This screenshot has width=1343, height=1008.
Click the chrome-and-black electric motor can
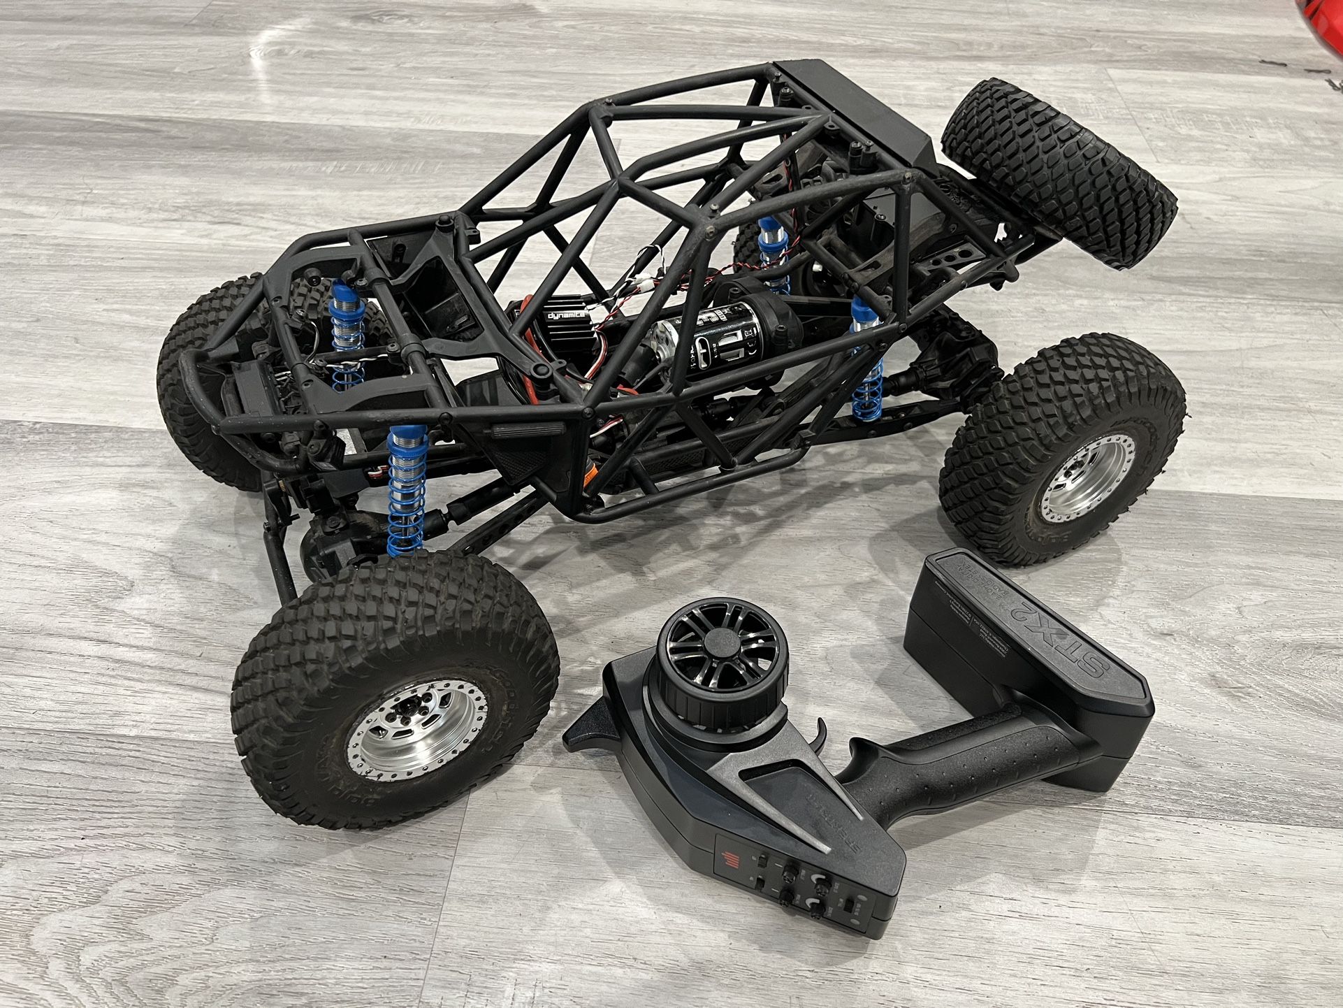click(688, 343)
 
